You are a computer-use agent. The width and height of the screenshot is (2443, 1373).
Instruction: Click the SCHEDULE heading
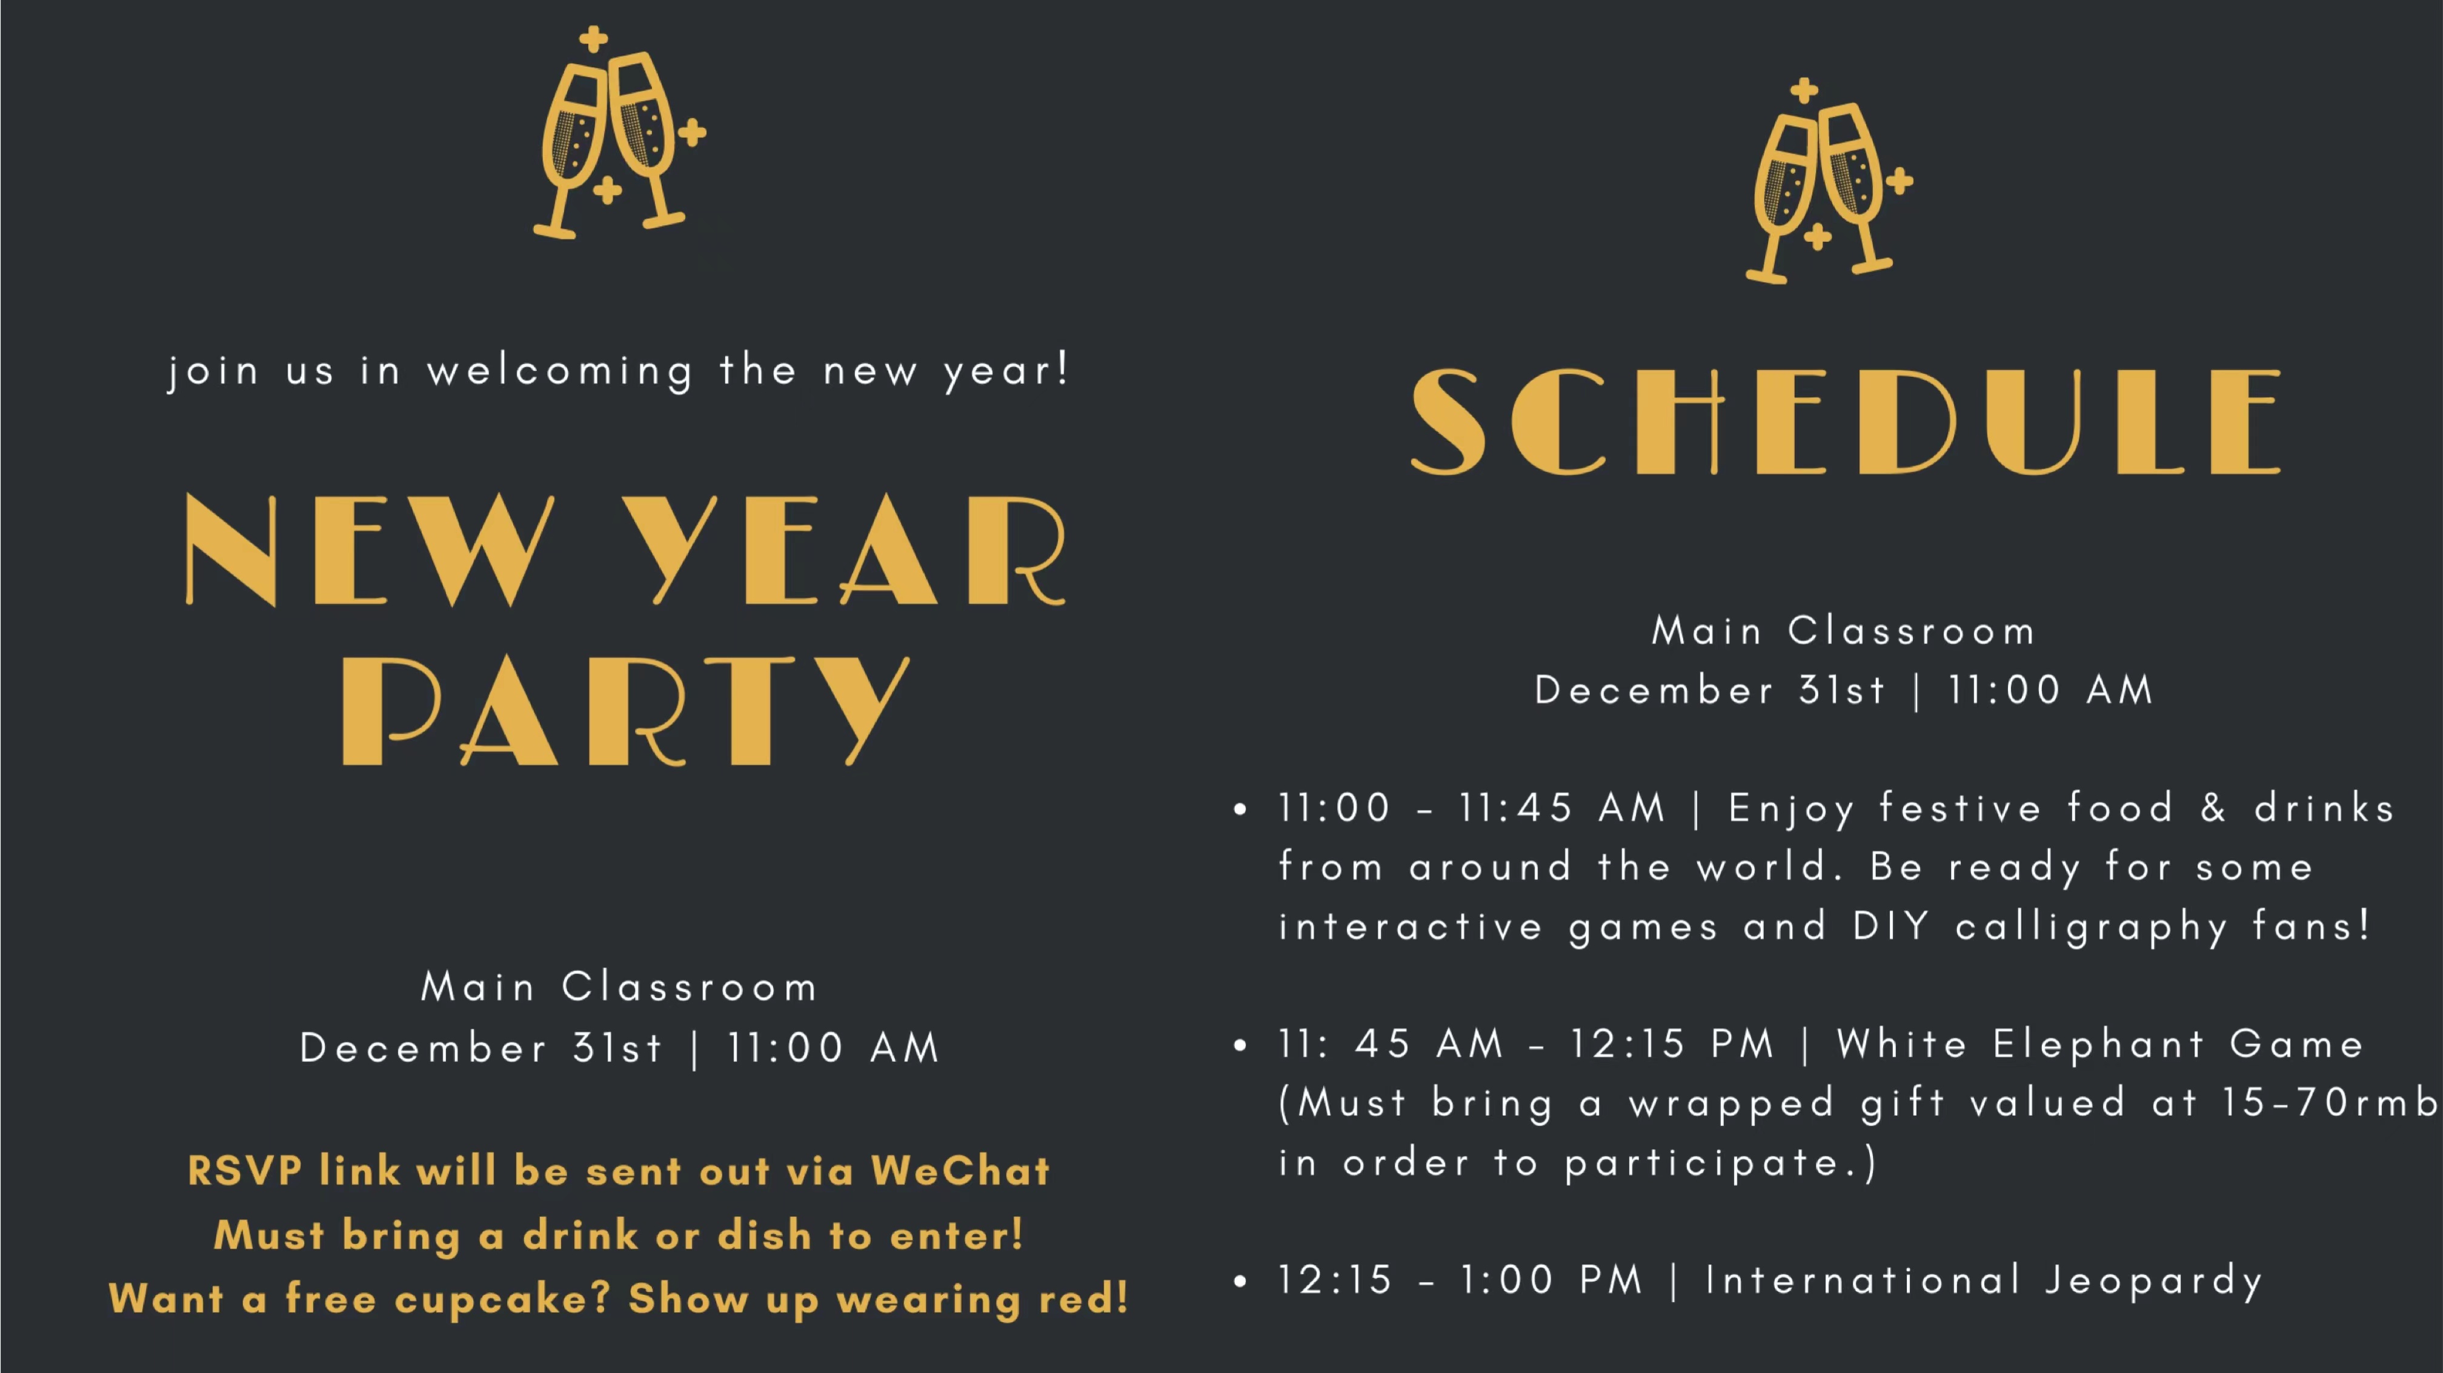pos(1846,422)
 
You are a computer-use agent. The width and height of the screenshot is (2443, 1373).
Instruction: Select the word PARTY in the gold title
pos(626,710)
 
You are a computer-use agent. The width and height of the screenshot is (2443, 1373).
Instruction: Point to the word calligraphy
pos(2091,927)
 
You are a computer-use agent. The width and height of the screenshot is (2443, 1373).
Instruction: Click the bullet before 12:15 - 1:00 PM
pos(1240,1281)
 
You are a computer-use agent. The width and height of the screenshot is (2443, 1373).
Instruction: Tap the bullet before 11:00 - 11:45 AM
pos(1240,809)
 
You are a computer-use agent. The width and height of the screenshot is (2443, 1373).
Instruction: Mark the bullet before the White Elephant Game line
pos(1240,1045)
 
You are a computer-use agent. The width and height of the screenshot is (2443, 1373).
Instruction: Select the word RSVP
pos(245,1171)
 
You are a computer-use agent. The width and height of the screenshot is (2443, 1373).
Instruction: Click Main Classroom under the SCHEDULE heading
pos(1844,631)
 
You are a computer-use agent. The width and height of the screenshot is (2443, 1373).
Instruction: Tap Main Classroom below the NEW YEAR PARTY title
pos(619,987)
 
